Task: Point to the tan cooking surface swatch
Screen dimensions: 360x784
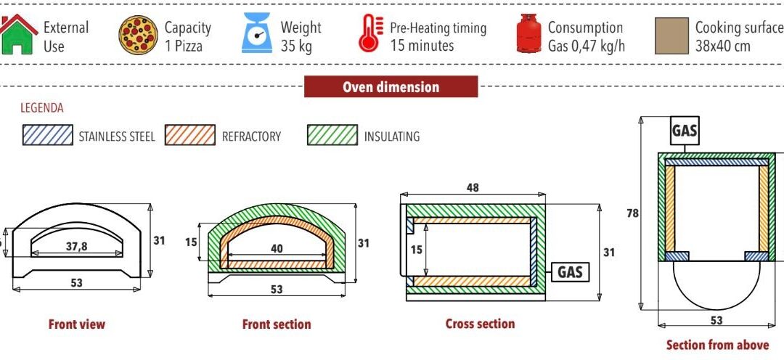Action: pyautogui.click(x=671, y=36)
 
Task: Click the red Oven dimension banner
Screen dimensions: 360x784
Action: pyautogui.click(x=391, y=87)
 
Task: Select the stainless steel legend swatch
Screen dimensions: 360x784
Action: pyautogui.click(x=47, y=135)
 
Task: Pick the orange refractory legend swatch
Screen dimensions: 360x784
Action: pyautogui.click(x=190, y=135)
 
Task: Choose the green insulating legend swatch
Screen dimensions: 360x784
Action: pyautogui.click(x=332, y=135)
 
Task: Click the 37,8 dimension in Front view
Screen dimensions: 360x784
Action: pyautogui.click(x=76, y=247)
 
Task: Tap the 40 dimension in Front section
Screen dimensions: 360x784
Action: pyautogui.click(x=277, y=248)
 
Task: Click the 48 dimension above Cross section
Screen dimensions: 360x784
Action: pyautogui.click(x=473, y=187)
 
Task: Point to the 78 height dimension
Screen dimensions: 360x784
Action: pyautogui.click(x=632, y=213)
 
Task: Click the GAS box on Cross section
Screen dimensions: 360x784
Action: pyautogui.click(x=571, y=272)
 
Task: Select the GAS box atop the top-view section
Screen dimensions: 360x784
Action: pyautogui.click(x=685, y=131)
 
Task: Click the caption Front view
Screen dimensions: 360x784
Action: pyautogui.click(x=76, y=324)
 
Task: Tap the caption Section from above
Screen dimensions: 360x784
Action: pyautogui.click(x=716, y=345)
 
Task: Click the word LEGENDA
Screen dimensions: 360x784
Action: pyautogui.click(x=42, y=108)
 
